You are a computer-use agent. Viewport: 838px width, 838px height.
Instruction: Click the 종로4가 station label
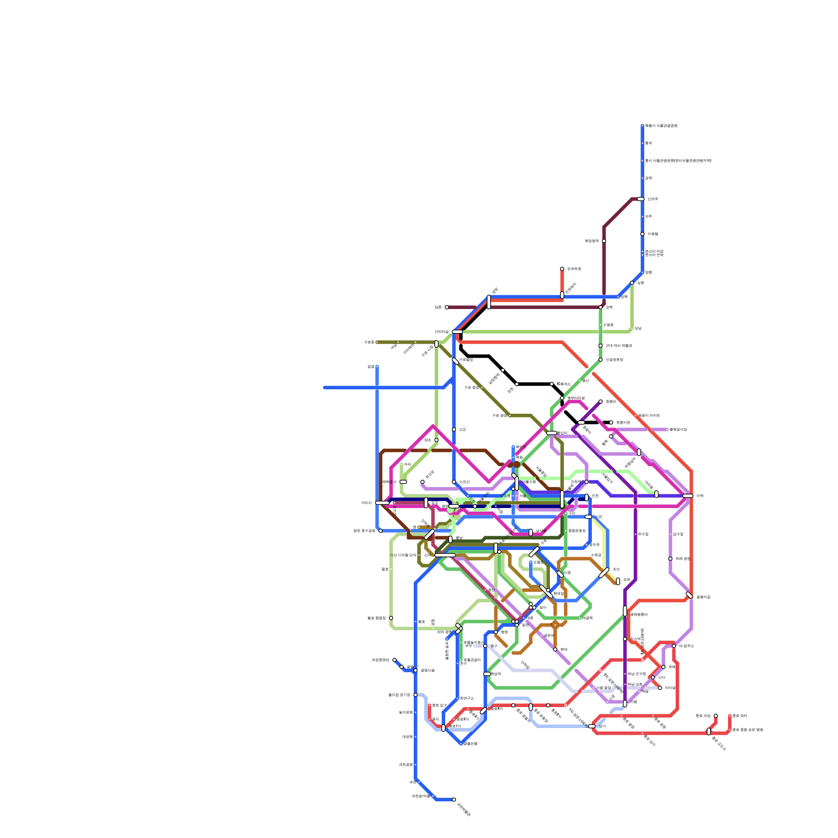(x=497, y=709)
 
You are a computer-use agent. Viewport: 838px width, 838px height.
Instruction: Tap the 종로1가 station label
(x=455, y=726)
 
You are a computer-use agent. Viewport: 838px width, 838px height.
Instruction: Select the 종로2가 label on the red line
(x=462, y=719)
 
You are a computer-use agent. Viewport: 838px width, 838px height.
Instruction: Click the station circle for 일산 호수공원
(x=380, y=531)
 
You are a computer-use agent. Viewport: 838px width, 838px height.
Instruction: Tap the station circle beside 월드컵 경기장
(x=415, y=694)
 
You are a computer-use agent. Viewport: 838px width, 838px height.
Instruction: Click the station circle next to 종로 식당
(x=715, y=715)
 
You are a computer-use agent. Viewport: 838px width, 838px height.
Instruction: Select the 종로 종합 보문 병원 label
(x=747, y=730)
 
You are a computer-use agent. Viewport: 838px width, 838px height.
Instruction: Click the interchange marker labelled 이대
(x=688, y=495)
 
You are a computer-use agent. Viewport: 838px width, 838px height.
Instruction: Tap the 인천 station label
(x=595, y=495)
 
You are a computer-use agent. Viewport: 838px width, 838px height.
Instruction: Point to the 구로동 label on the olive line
(x=368, y=342)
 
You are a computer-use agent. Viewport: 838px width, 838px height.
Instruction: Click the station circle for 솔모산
(x=454, y=482)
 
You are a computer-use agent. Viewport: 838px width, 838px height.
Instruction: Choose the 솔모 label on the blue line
(x=462, y=429)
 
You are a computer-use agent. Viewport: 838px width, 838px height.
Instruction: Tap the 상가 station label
(x=602, y=726)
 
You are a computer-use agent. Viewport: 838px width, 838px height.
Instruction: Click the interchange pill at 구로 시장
(x=436, y=344)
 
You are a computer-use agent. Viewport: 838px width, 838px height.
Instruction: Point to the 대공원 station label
(x=407, y=736)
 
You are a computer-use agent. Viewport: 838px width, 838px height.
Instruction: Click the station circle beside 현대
(x=555, y=649)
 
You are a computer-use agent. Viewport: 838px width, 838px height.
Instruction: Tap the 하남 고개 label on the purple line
(x=635, y=684)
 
